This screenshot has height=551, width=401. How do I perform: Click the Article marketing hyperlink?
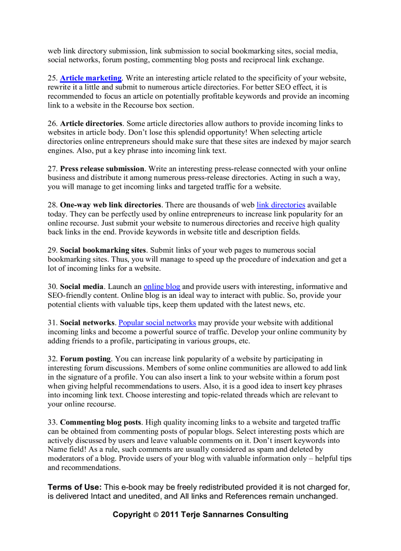(x=90, y=78)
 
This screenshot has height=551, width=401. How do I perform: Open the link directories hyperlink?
(x=281, y=205)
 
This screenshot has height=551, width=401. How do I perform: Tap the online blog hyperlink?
(x=162, y=287)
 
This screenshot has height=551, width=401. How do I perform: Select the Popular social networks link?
(x=157, y=323)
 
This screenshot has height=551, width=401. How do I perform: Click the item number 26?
(x=52, y=124)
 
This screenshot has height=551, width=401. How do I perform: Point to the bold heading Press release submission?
(x=102, y=169)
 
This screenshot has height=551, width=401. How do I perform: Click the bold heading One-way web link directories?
(x=111, y=205)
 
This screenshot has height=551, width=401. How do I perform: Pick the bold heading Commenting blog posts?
(x=101, y=422)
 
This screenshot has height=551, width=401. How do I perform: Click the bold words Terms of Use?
(x=75, y=487)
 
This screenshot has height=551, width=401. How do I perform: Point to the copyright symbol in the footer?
(x=155, y=515)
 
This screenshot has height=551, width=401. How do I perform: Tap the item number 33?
(x=52, y=422)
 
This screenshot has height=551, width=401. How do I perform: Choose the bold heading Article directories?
(x=91, y=124)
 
